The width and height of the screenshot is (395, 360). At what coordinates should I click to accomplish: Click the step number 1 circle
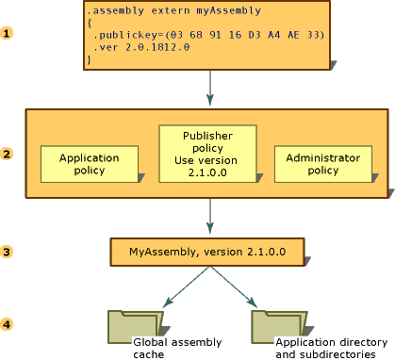(8, 33)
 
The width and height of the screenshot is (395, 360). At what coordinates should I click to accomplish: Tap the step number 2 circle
(8, 154)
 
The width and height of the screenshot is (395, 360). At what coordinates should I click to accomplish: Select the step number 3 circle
(8, 252)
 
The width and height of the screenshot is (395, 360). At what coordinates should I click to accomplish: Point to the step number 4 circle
(8, 325)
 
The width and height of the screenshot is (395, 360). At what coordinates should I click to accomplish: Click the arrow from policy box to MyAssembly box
(209, 217)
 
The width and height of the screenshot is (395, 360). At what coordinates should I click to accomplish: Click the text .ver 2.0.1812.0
(136, 47)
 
